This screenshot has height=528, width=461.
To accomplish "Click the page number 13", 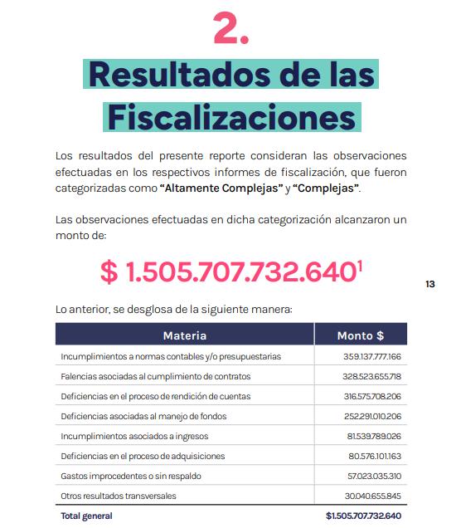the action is click(429, 284).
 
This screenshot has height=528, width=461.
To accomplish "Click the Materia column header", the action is click(184, 336).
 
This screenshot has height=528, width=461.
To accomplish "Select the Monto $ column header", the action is click(360, 336).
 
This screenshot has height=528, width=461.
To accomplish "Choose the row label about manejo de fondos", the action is click(143, 416).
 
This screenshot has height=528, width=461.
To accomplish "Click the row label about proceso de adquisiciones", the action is click(143, 456).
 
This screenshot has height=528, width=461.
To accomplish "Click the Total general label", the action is click(86, 516).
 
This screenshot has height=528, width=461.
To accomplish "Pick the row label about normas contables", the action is click(171, 357).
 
